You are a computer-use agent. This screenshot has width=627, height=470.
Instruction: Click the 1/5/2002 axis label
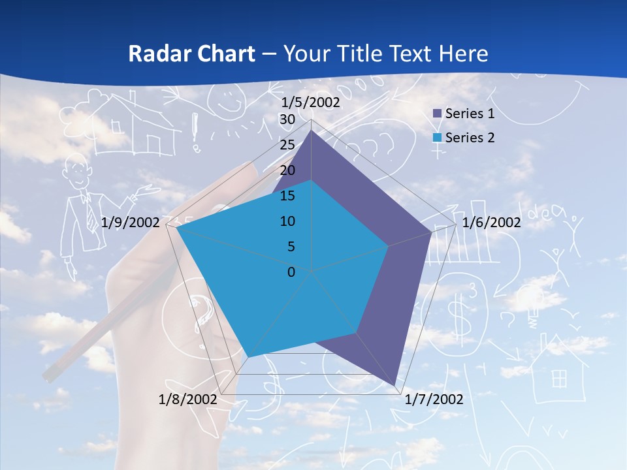pos(311,102)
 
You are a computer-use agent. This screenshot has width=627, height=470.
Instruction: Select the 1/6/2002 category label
pos(491,223)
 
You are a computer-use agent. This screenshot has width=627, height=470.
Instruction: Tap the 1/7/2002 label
pos(434,399)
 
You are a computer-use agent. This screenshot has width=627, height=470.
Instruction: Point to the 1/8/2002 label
pos(188,399)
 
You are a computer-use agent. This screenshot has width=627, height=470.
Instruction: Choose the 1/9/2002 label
pos(131,223)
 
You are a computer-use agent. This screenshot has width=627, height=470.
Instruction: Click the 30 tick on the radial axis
pos(287,119)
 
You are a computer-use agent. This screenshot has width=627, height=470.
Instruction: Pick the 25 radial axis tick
pos(287,145)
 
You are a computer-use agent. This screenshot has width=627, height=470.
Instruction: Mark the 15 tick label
pos(287,196)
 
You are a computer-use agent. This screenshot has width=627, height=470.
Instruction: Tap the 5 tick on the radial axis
pos(291,247)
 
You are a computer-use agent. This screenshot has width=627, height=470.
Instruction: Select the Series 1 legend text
pos(470,114)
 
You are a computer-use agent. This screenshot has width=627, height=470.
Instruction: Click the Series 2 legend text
pos(470,138)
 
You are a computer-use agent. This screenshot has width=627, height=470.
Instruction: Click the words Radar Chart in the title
pos(191,54)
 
